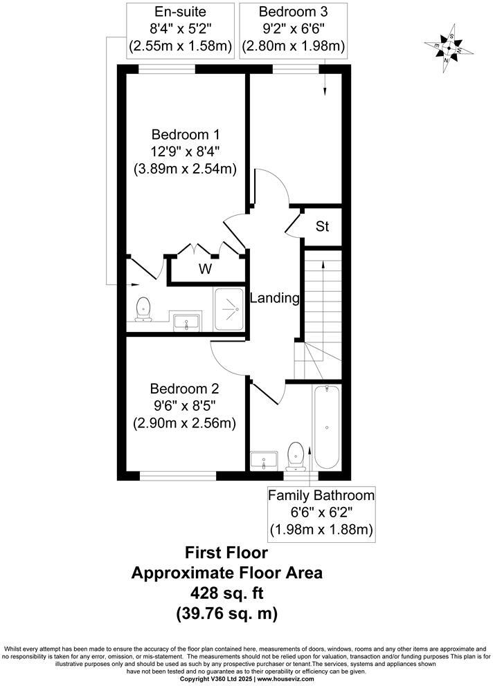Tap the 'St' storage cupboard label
[322, 226]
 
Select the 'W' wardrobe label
[206, 270]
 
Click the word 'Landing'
[274, 299]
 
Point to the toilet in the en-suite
[144, 308]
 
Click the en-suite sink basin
[187, 321]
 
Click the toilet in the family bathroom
[296, 456]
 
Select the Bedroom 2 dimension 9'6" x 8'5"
[184, 406]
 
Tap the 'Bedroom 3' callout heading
[293, 12]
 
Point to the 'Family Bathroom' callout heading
[321, 495]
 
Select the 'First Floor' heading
[226, 553]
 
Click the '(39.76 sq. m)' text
[226, 612]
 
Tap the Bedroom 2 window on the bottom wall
[177, 476]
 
